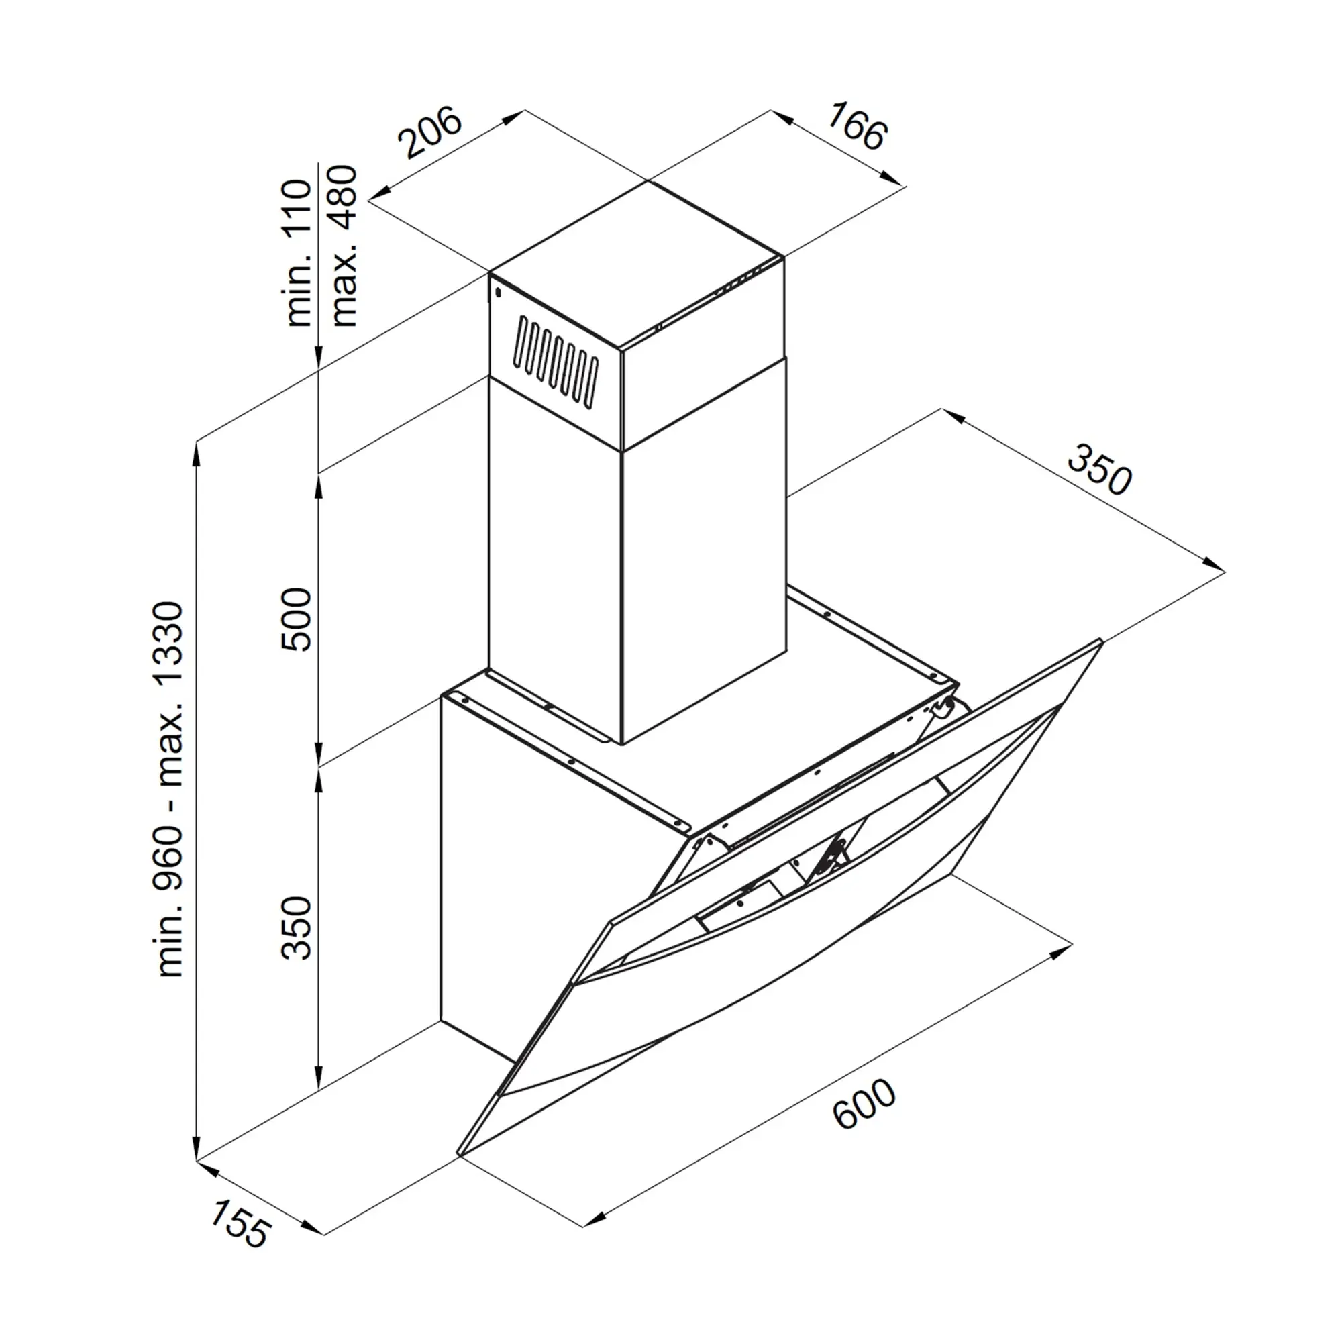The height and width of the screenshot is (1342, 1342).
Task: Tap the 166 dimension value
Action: (x=857, y=126)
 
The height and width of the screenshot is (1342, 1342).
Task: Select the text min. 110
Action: (x=298, y=254)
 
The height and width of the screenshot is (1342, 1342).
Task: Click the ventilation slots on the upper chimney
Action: (x=556, y=361)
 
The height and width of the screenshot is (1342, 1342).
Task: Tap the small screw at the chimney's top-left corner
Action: (x=498, y=293)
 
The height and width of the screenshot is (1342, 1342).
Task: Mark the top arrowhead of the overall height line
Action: (x=197, y=453)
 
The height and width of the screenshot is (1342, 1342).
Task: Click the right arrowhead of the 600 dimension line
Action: (x=1061, y=951)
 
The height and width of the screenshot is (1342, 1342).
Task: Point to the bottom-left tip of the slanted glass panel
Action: (x=458, y=1156)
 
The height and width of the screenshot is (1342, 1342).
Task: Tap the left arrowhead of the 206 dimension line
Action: (x=380, y=193)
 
